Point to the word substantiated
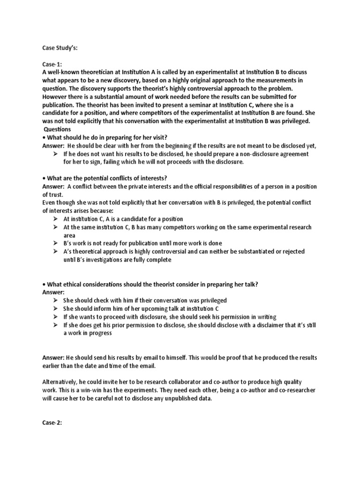point(252,251)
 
